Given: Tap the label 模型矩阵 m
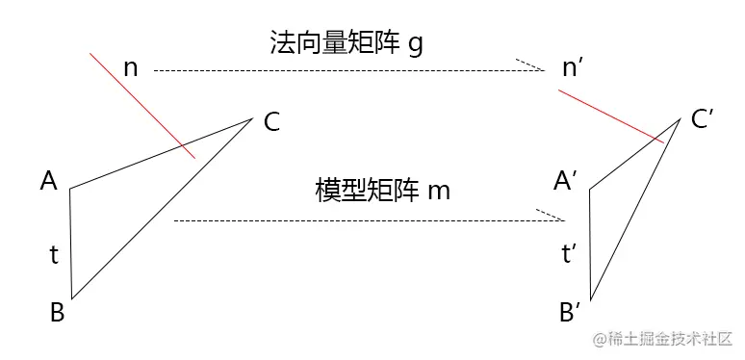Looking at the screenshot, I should (383, 189).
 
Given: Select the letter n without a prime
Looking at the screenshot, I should (132, 68).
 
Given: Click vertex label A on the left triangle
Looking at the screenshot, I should (49, 179).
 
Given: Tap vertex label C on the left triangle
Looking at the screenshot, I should (271, 122).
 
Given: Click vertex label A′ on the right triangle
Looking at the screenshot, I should (565, 180).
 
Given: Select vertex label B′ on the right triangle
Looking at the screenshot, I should (569, 311).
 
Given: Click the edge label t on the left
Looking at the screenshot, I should (55, 255).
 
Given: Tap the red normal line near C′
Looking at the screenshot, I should (610, 116).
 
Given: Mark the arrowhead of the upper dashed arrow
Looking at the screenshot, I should (532, 67).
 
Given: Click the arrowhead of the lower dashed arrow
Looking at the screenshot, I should (552, 217).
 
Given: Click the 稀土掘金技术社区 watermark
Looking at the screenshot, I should (664, 339).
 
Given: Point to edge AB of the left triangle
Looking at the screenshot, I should (70, 244).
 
